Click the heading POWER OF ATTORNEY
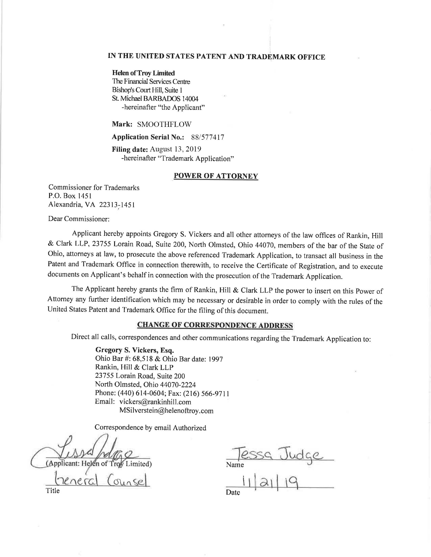216,176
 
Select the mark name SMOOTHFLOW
164,124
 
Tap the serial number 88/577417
208,137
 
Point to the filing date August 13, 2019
175,149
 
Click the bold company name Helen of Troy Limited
143,73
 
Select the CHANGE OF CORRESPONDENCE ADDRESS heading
215,325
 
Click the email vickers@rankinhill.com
155,402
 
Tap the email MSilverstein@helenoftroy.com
166,411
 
